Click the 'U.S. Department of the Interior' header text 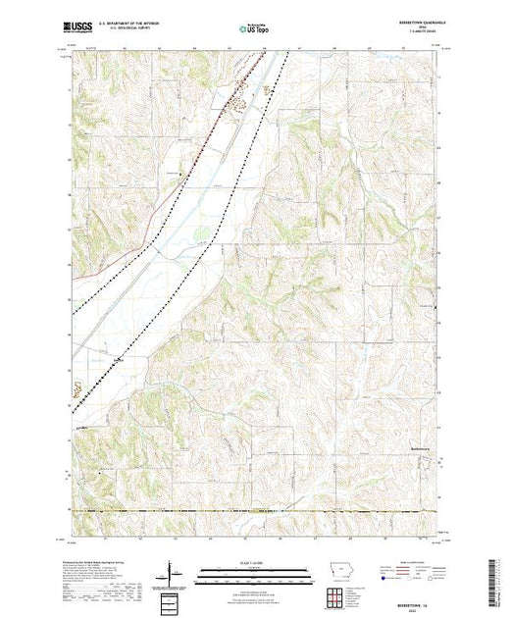[131, 26]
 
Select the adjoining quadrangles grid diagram [335, 594]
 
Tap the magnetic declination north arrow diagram [173, 572]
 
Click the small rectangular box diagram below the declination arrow [173, 598]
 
